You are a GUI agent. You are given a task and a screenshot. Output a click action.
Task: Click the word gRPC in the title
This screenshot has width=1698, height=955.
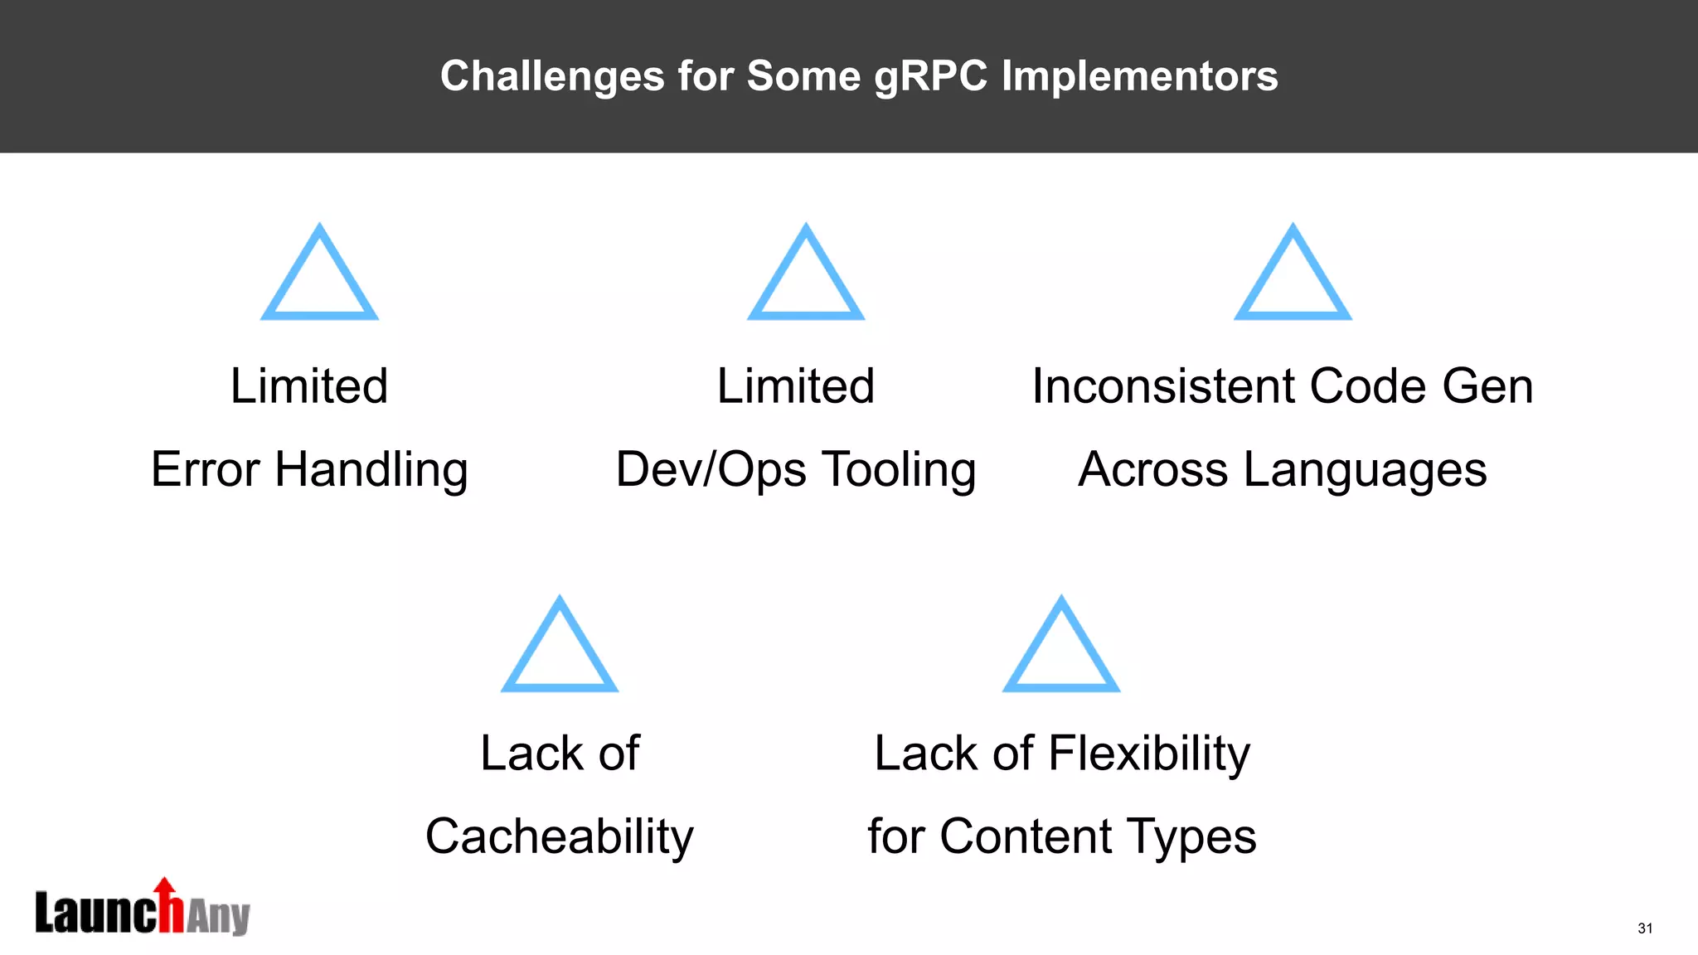[x=930, y=76]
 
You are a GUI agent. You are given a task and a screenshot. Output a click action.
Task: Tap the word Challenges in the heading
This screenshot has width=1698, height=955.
[x=552, y=76]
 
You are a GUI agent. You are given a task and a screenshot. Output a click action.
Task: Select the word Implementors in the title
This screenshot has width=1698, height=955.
[x=1139, y=76]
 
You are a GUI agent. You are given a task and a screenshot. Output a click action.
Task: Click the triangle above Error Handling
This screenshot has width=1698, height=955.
[x=319, y=274]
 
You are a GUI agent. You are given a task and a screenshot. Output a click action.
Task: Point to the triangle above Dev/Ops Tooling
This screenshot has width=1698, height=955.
[x=806, y=274]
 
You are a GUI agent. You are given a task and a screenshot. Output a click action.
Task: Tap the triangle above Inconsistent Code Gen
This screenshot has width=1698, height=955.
[x=1293, y=274]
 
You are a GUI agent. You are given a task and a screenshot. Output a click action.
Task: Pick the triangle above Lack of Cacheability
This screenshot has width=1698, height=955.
[x=560, y=646]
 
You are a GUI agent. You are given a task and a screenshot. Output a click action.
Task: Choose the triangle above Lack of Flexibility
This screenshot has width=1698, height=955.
[x=1061, y=646]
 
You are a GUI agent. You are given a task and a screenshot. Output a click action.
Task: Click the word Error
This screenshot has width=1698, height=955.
[x=206, y=469]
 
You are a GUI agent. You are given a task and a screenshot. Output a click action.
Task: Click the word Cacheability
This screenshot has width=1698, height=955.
[x=560, y=836]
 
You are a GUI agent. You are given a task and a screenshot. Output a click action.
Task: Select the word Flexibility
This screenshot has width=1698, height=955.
[x=1149, y=754]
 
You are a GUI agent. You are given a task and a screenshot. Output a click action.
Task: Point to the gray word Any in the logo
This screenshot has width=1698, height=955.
[x=218, y=917]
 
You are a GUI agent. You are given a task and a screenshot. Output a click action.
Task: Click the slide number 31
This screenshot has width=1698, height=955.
[x=1645, y=928]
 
